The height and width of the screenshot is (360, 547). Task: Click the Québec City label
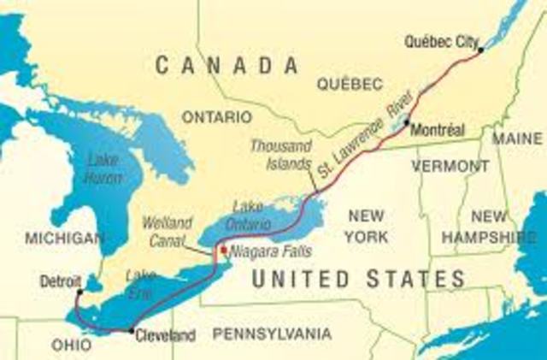440,40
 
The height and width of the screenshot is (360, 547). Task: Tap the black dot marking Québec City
481,50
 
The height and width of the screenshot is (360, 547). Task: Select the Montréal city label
438,131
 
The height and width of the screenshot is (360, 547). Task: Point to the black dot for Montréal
407,121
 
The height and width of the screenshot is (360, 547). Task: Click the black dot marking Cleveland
130,330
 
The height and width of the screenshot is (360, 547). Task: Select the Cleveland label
166,336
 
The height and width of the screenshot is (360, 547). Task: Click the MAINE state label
517,138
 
